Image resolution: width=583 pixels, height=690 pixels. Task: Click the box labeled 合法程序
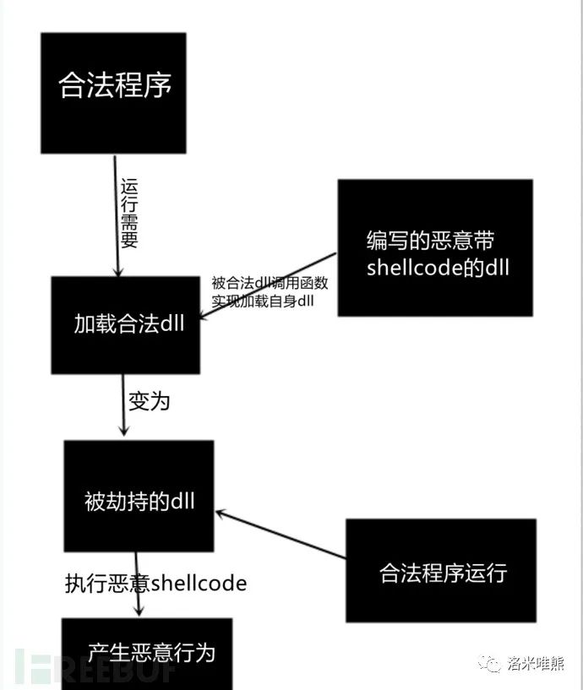pos(113,93)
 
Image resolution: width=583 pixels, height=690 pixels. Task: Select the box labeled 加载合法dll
pos(126,325)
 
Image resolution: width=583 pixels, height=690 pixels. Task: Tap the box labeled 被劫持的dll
pos(139,496)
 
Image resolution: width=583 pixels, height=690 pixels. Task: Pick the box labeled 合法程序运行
pos(441,571)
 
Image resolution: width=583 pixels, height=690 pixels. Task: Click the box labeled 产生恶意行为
pos(147,654)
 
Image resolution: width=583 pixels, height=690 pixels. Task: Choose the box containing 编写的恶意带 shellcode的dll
pos(435,247)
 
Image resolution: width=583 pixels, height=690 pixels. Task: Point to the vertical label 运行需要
pos(129,213)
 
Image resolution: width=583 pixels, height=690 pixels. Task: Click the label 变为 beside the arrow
pos(149,401)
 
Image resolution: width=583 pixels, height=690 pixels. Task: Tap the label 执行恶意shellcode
pos(155,584)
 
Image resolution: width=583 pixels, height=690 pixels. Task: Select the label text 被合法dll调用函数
pos(270,283)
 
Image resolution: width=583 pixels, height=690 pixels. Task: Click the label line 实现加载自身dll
pos(263,301)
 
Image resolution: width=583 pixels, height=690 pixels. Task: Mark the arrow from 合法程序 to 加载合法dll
pos(117,215)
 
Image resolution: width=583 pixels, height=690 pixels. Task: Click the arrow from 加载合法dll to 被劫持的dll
pos(123,405)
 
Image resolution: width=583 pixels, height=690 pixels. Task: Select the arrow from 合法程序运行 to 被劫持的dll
pos(281,535)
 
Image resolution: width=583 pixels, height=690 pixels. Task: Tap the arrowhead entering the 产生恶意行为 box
pos(139,611)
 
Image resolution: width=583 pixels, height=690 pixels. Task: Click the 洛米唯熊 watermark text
pos(536,663)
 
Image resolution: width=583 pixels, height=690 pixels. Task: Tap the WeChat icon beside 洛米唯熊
pos(490,663)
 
